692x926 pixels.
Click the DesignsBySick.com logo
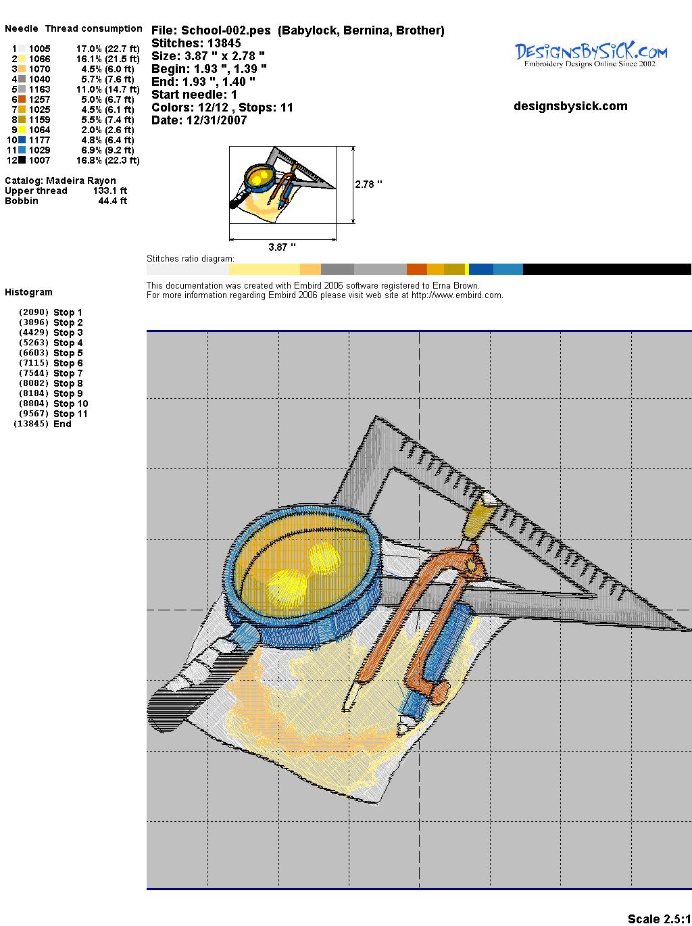591,55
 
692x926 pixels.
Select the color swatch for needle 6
22,99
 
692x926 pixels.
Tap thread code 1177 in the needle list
40,140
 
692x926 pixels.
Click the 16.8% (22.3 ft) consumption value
107,160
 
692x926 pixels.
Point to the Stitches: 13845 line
196,43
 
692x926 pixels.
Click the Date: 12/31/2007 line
199,120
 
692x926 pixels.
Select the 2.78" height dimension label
368,185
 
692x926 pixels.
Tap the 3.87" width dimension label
282,247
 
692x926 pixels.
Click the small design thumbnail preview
282,185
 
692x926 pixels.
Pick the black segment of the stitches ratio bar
607,269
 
